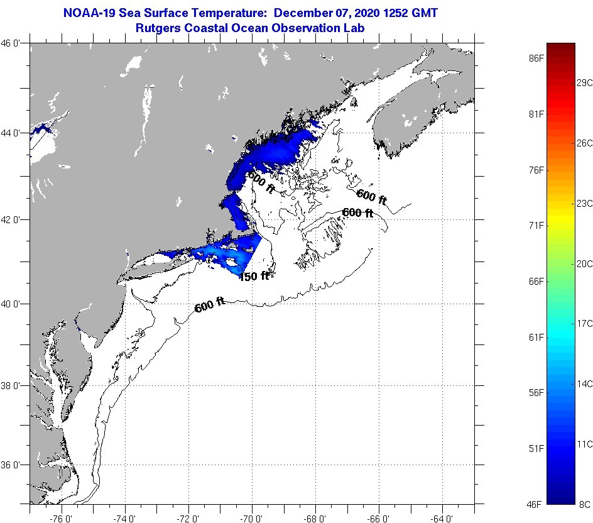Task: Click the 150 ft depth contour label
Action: (254, 276)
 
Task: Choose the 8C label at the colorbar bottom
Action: (585, 504)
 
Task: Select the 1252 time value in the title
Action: (394, 13)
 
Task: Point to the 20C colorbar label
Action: (585, 263)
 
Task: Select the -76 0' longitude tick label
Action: (61, 518)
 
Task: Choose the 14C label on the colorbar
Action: (585, 383)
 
